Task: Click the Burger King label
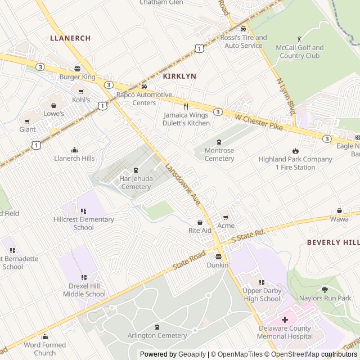click(x=78, y=77)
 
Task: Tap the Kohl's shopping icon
click(x=81, y=92)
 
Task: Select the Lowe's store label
click(x=54, y=114)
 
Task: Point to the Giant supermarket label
click(x=28, y=129)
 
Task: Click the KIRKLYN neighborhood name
click(x=179, y=75)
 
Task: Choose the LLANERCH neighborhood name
click(x=70, y=38)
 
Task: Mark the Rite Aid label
click(x=200, y=231)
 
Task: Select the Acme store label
click(x=226, y=226)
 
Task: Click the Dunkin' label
click(x=218, y=264)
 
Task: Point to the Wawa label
click(x=339, y=219)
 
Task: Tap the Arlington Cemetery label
click(x=157, y=336)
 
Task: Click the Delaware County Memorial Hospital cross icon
click(x=285, y=319)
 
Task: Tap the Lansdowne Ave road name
click(x=183, y=182)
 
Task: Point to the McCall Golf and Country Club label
click(x=300, y=52)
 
